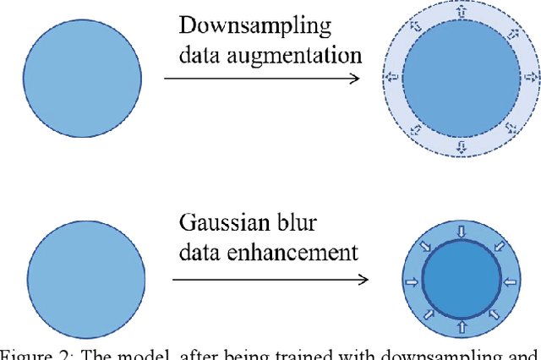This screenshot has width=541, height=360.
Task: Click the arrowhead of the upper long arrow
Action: (356, 79)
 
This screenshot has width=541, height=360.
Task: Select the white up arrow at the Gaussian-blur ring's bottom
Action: (461, 325)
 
